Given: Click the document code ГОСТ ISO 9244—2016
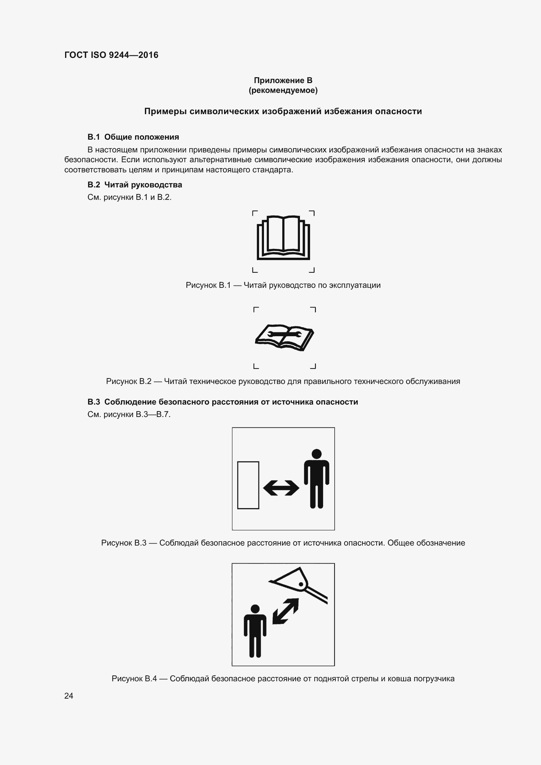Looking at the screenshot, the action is point(111,55).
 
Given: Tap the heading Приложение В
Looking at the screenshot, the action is point(283,80).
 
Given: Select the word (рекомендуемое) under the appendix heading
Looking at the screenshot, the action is point(283,90).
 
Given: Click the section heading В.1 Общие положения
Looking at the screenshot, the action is point(133,137).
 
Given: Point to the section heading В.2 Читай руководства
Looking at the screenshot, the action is point(134,184).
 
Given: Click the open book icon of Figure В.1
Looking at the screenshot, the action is point(283,237).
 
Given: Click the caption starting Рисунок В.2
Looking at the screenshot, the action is point(283,381).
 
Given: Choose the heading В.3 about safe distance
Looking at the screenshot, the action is point(222,402).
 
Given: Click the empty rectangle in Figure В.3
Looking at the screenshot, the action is point(248,485).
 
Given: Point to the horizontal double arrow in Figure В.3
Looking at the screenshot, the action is point(281,488).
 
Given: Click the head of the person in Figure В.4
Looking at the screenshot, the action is point(255,609).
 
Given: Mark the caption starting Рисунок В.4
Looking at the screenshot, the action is point(283,679).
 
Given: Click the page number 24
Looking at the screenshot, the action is point(69,696).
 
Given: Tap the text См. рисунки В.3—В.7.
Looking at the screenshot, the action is point(129,414).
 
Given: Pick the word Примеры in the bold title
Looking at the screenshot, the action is point(166,111).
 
